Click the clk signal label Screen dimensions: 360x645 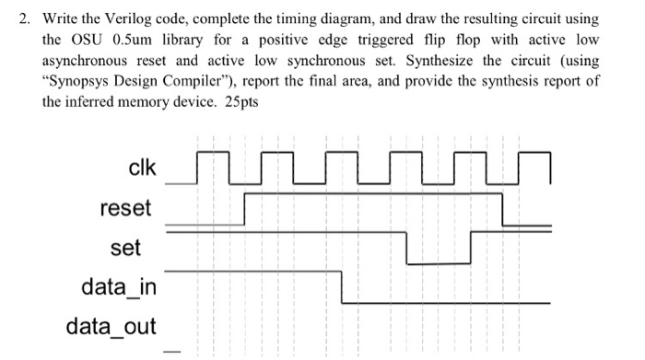142,168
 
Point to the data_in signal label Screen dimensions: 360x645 118,287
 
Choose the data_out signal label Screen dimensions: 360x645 111,326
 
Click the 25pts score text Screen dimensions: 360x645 240,102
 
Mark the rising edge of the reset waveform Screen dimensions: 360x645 245,209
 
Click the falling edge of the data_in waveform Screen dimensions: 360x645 343,286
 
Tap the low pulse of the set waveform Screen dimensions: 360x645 438,263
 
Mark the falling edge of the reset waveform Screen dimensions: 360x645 503,210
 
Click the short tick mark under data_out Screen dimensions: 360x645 168,349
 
